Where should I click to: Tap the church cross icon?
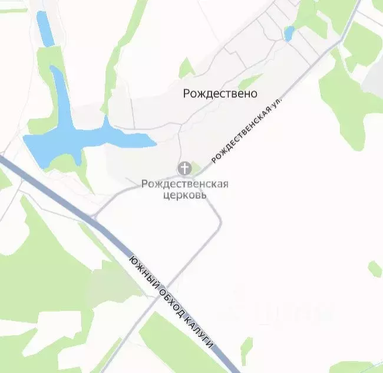184,169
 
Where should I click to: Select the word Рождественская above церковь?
184,184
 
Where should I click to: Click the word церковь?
184,195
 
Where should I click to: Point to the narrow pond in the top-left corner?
44,28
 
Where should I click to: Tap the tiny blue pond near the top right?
289,34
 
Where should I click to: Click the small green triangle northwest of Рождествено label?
186,68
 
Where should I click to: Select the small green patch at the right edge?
375,269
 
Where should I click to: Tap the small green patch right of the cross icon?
197,169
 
